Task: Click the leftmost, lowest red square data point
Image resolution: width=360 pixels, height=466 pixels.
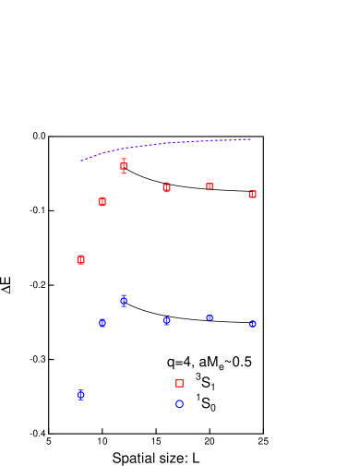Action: click(80, 259)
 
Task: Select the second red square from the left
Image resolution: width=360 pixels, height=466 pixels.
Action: click(102, 201)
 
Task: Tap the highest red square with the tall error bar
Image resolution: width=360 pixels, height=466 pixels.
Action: click(124, 166)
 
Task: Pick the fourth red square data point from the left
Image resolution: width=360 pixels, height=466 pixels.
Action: click(166, 187)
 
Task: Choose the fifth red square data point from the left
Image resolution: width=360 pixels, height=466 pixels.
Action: click(210, 185)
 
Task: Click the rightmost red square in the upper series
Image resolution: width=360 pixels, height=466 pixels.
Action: click(252, 194)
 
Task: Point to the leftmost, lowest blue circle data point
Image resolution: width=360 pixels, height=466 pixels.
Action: click(80, 394)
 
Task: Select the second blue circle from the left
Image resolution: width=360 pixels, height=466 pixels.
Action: click(102, 323)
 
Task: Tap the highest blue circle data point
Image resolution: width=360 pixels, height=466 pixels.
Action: click(124, 301)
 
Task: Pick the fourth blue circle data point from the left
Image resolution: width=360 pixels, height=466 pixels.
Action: click(166, 320)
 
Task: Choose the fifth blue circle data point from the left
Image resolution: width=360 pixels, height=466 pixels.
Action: click(210, 317)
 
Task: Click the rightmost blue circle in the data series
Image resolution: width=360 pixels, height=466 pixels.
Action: click(252, 324)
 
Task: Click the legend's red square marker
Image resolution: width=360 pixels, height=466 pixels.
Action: click(179, 383)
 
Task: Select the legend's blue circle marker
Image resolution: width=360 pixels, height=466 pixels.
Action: click(179, 403)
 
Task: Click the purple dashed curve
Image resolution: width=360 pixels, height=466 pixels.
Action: click(166, 143)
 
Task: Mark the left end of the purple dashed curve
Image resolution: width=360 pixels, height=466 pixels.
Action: click(81, 161)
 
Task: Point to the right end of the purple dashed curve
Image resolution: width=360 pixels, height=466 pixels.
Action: click(250, 139)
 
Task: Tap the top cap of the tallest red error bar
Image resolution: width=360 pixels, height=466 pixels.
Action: click(124, 159)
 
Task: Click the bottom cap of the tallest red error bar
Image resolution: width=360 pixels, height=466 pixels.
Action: click(124, 173)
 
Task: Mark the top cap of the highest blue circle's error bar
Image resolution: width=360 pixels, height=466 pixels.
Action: click(124, 295)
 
